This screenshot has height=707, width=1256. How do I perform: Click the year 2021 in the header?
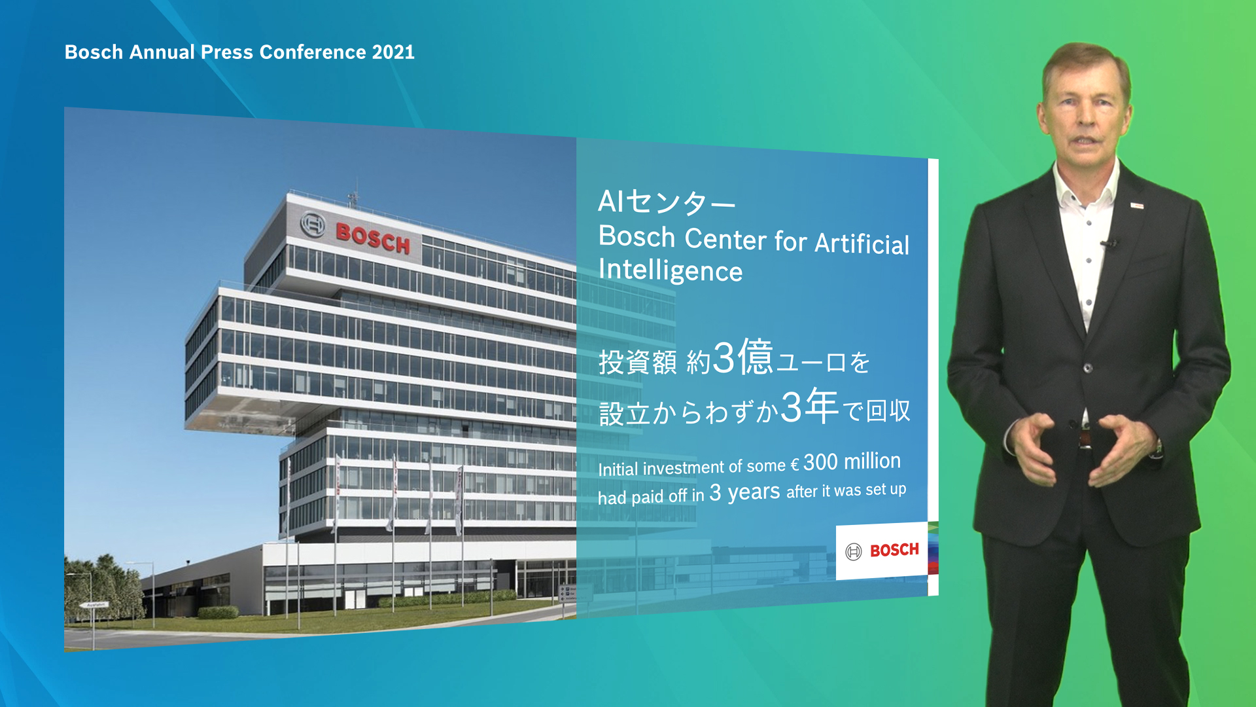(393, 52)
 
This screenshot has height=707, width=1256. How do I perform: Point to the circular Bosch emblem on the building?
(313, 225)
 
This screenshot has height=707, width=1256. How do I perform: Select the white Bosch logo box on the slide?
(882, 551)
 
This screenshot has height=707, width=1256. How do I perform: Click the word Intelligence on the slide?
(671, 270)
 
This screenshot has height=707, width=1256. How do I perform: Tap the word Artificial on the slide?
(862, 243)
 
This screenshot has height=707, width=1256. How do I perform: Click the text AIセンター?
(667, 202)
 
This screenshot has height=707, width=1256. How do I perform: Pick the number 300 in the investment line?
(820, 462)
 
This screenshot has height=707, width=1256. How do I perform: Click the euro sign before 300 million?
(795, 465)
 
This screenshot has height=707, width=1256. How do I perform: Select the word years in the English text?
(754, 492)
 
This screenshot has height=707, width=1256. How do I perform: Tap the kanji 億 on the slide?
(756, 357)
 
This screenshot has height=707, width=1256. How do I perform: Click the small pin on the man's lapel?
(1137, 206)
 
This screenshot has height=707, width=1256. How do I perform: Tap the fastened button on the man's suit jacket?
(1088, 368)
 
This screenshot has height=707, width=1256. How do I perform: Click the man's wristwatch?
(1159, 448)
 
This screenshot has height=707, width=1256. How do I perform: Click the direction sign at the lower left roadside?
(94, 605)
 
